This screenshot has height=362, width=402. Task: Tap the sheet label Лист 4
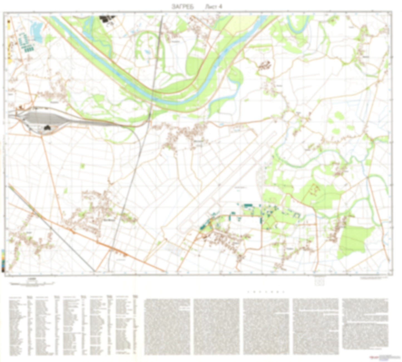(x=213, y=7)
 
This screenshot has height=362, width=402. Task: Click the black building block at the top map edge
(x=107, y=19)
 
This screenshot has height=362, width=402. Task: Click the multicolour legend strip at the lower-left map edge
(x=3, y=261)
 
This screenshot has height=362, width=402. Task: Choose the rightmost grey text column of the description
(x=365, y=323)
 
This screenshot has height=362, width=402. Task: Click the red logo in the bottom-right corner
(x=371, y=357)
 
